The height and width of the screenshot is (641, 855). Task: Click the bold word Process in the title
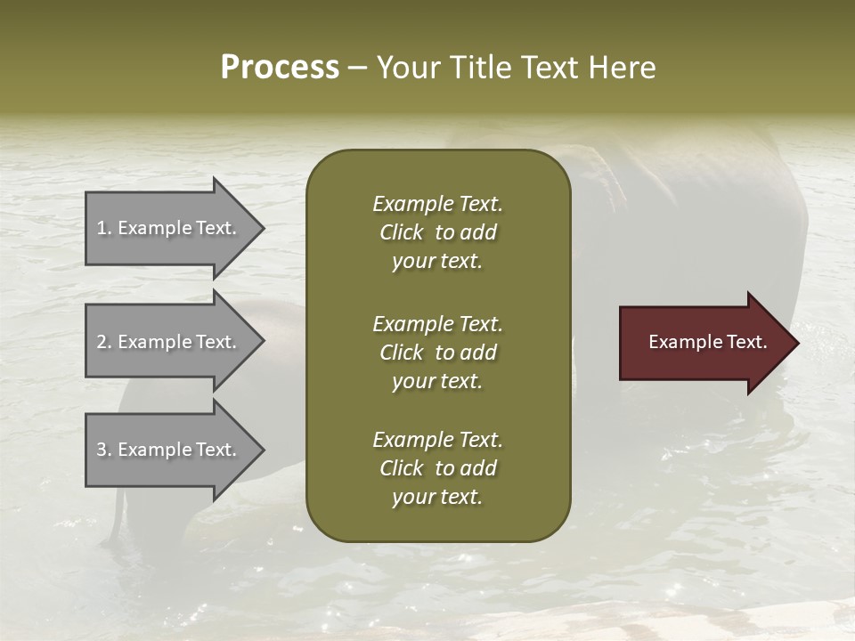click(280, 68)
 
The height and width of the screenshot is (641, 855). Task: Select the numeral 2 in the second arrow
click(102, 342)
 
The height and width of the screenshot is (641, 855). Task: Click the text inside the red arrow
click(708, 342)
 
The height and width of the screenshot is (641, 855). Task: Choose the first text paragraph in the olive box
click(437, 232)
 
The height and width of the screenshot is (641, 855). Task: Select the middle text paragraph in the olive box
click(437, 353)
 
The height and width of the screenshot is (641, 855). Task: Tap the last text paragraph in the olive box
click(437, 468)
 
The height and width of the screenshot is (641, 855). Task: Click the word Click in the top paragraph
click(402, 232)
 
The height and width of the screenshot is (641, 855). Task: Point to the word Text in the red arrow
click(746, 342)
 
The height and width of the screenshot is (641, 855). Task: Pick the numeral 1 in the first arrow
click(102, 228)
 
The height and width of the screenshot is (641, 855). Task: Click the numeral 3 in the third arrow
click(102, 450)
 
